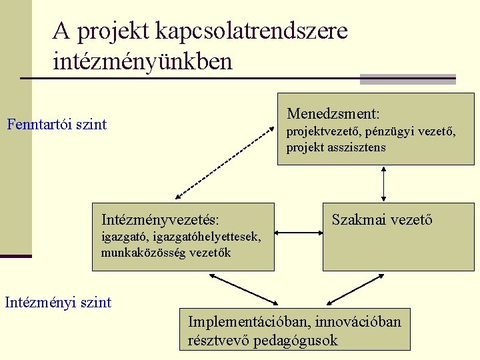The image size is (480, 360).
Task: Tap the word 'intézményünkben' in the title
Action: coord(143,62)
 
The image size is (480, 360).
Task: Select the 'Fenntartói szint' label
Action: coord(57,125)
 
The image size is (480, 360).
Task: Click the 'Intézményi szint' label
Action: coord(58,303)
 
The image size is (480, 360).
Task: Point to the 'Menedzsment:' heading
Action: coord(333,115)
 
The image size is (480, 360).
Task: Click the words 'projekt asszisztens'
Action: coord(336,148)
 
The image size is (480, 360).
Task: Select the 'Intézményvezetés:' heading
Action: coord(161,219)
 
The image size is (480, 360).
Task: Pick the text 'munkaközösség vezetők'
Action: coord(166,253)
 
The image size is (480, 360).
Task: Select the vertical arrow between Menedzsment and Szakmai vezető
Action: coord(383,184)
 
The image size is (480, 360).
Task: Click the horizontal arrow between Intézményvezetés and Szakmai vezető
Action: coord(298,233)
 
